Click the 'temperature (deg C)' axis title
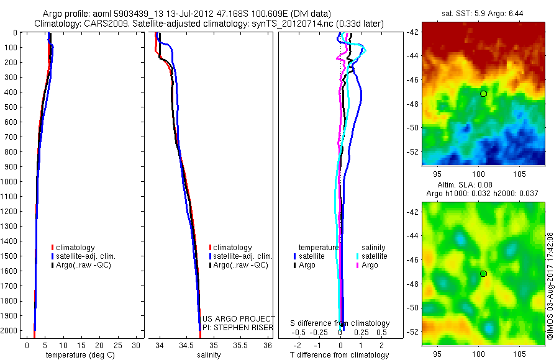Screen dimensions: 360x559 (79, 355)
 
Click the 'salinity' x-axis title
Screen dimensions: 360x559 (209, 355)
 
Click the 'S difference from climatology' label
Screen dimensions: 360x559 (340, 323)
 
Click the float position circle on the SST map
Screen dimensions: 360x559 (483, 93)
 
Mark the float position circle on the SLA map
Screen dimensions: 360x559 (483, 273)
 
